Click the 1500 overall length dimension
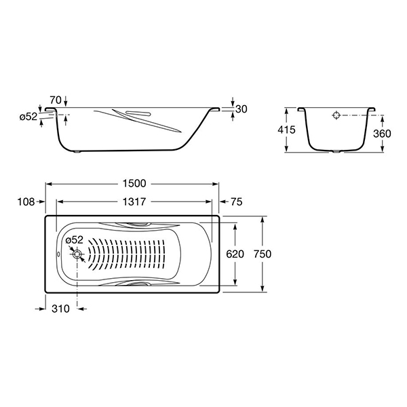134,184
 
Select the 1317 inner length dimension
134,201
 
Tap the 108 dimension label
26,201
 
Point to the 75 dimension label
237,201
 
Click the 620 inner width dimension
235,254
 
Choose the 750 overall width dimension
263,254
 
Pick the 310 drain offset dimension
60,309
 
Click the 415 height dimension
286,130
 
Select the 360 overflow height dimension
382,134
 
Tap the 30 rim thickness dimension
241,109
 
